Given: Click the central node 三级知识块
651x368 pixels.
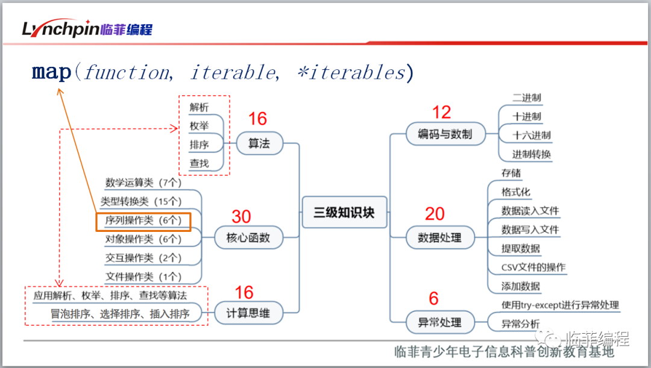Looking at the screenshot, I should pos(344,213).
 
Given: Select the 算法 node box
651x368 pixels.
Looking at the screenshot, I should pos(259,143).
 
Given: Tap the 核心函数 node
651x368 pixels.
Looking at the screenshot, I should pos(248,238).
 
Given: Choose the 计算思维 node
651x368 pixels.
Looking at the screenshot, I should pos(248,313).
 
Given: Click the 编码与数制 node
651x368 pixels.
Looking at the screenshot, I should pos(445,134).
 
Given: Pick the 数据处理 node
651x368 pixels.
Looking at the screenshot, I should pos(439,238).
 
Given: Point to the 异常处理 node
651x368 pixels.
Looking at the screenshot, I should pos(439,322).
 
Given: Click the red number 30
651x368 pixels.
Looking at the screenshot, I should pos(241,217).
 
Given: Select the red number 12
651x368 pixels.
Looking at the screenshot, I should pos(441,113).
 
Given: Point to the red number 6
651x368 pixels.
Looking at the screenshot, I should pos(433,299).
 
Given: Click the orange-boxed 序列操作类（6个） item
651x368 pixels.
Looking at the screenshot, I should pos(143,221).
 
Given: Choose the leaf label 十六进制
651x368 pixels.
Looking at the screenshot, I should pos(531,136).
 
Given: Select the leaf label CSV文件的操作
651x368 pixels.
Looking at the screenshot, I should pos(533,267).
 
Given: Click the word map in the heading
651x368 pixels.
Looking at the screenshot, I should pos(51,72).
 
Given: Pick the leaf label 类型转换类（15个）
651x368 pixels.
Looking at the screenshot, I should pos(141,202).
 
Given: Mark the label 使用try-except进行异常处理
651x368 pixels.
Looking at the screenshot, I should pos(560,305).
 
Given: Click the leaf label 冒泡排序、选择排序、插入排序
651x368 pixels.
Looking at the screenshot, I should pos(120,314).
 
